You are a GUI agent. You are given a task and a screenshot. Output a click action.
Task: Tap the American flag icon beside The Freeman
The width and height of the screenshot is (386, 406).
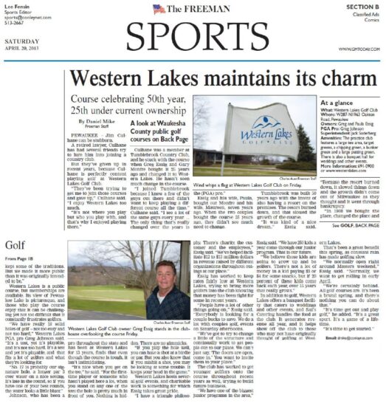(x=159, y=9)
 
